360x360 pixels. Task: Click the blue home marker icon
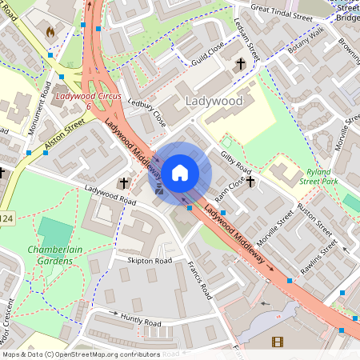[x=180, y=172]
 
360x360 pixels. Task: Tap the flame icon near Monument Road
[x=51, y=33]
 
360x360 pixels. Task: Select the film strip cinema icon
[x=277, y=342]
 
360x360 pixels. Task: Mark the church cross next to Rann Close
[x=250, y=182]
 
